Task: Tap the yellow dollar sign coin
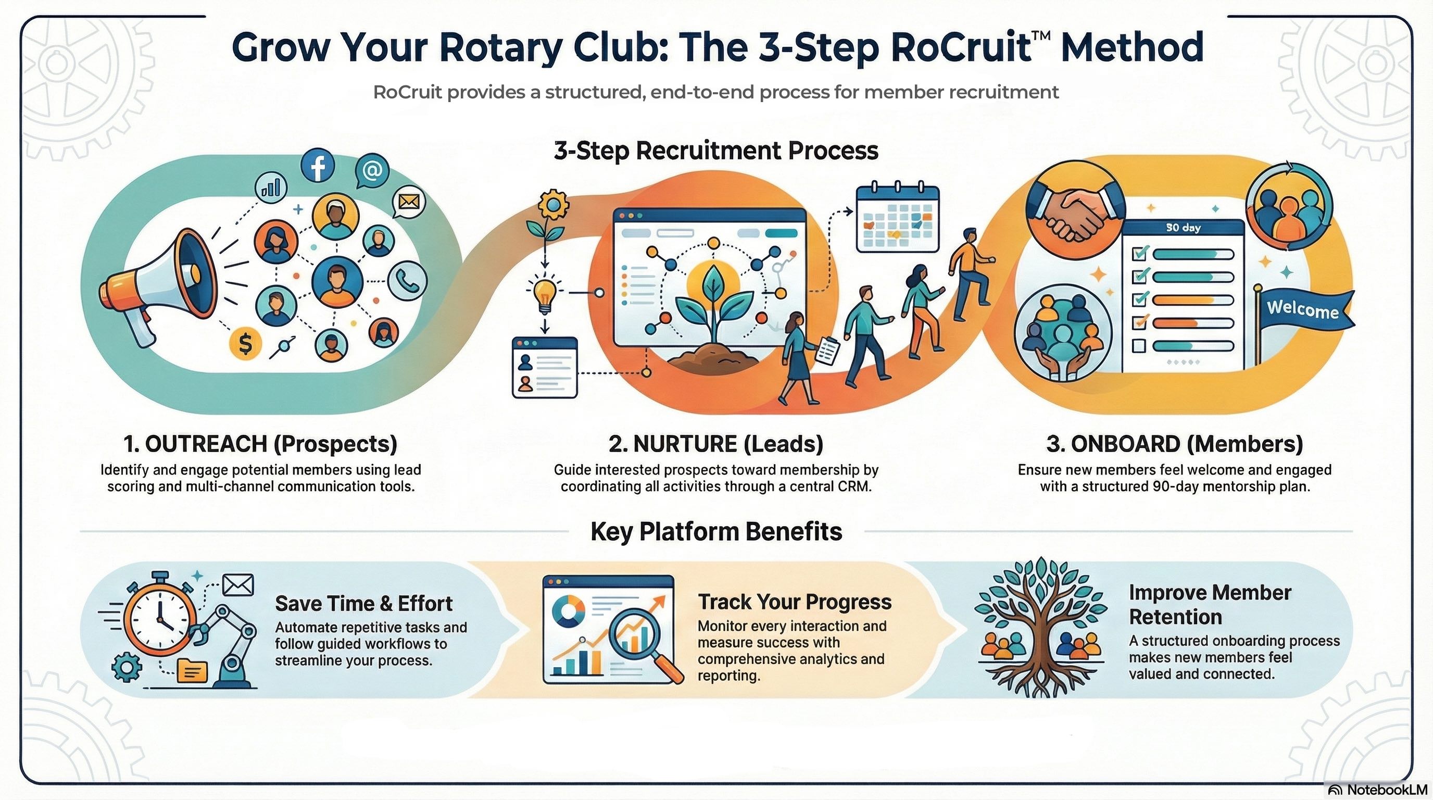[x=245, y=343]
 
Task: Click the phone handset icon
[x=407, y=281]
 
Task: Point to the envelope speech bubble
[x=409, y=202]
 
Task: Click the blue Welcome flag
[x=1302, y=309]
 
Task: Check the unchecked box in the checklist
[x=1139, y=346]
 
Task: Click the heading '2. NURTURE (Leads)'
[x=715, y=443]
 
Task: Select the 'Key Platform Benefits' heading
[x=716, y=531]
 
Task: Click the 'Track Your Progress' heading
[x=795, y=602]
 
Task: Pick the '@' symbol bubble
[x=372, y=169]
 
